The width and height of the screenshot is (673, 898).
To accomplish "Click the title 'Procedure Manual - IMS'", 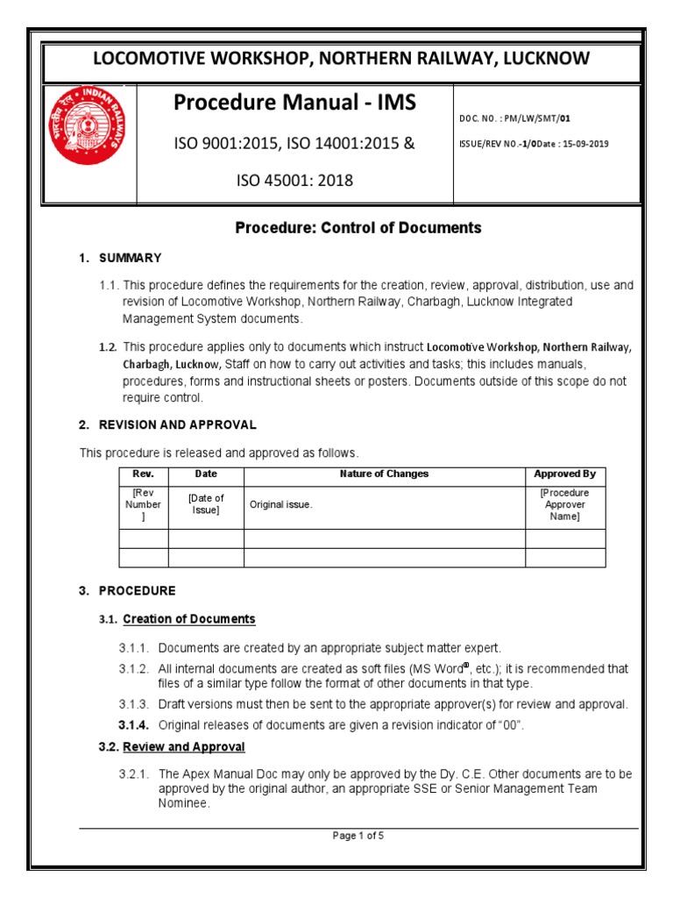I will (294, 103).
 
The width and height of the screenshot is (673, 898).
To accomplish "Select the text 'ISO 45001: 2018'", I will (294, 181).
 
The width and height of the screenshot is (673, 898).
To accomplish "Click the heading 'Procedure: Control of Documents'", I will (358, 228).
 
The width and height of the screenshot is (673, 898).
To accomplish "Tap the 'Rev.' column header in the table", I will (143, 474).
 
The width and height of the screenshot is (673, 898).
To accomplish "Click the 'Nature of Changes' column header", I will (384, 474).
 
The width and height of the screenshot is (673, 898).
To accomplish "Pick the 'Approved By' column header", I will (564, 474).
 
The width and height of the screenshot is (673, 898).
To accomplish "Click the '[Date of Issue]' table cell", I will (206, 504).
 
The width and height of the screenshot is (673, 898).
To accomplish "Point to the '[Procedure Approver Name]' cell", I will (564, 505).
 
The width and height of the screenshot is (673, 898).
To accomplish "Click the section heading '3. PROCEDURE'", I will (127, 590).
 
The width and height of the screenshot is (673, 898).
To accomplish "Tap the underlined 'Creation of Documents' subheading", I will (189, 619).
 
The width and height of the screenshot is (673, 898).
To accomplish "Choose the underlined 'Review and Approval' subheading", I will (184, 747).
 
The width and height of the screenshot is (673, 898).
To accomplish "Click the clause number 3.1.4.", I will (133, 724).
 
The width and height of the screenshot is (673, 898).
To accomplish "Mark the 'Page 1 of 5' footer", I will (358, 836).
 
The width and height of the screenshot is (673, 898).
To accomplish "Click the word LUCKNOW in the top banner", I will (547, 59).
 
